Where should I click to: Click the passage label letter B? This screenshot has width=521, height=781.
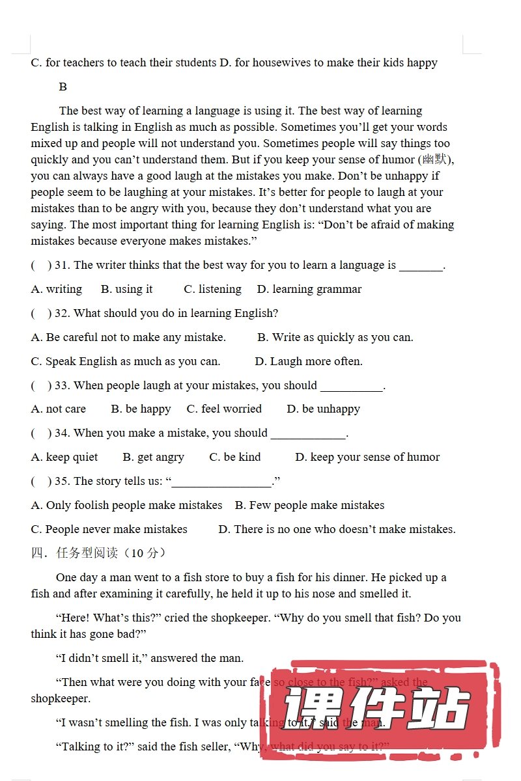[63, 87]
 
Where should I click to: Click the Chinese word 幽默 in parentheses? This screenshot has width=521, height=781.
[434, 160]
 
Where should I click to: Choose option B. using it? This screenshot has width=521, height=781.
[127, 289]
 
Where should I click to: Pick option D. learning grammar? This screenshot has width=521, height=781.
[309, 289]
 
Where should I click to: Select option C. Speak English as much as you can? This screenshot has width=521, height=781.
[126, 361]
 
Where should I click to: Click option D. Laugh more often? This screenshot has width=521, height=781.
[309, 361]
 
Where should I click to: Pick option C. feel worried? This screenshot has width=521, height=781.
[224, 409]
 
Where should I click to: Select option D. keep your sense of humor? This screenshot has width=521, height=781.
[367, 458]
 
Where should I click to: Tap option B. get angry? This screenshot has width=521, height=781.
[154, 458]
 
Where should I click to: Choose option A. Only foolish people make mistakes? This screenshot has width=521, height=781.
[127, 506]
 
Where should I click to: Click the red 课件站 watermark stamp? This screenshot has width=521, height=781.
[378, 709]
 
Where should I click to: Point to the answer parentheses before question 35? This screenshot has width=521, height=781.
[41, 482]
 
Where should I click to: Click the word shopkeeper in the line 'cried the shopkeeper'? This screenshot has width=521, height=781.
[236, 618]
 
